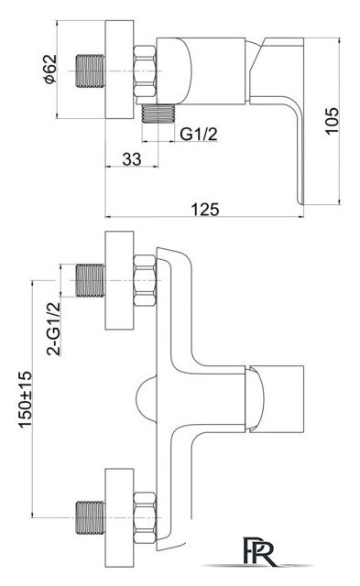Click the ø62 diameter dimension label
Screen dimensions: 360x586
point(50,69)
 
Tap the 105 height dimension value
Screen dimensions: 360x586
point(332,120)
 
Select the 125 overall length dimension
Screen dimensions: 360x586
point(205,210)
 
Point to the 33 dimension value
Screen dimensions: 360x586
point(132,158)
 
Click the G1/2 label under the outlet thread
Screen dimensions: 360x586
point(199,134)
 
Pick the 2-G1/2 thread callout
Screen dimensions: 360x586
point(53,329)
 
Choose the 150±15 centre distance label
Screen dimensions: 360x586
point(26,399)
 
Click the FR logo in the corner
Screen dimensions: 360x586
point(260,551)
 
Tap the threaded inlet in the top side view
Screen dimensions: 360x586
point(91,71)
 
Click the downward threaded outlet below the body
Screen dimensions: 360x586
point(158,114)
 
